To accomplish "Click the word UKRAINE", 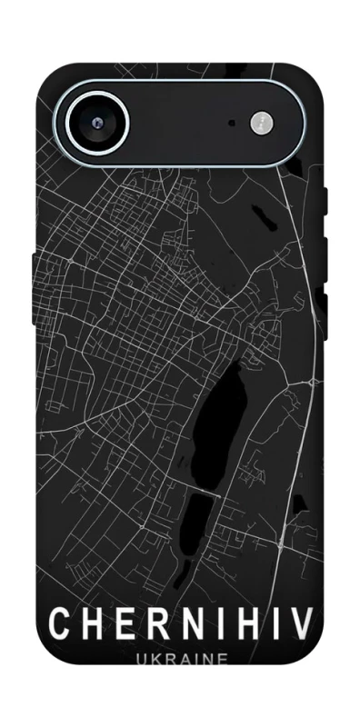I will tap(180, 661).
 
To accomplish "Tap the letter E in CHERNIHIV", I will tap(121, 624).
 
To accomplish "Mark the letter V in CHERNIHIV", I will tap(302, 624).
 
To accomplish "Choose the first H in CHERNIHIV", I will tap(89, 624).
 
